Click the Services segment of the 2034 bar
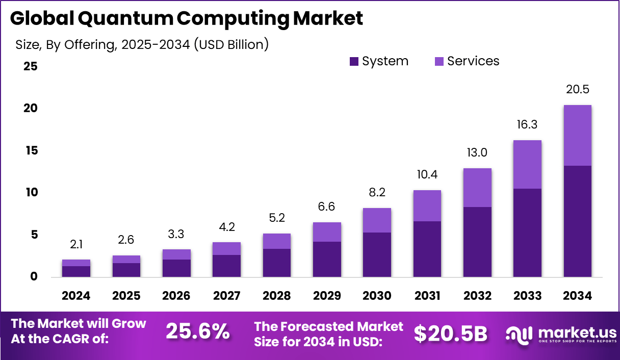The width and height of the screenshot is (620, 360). (577, 135)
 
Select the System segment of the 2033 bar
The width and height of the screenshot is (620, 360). (527, 233)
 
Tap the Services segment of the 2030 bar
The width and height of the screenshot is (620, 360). (377, 220)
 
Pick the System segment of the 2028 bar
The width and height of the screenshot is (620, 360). (277, 263)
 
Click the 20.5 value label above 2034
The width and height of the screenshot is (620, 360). (577, 89)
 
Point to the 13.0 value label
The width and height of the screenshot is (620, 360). (477, 152)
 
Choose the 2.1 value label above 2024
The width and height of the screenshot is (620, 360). (76, 244)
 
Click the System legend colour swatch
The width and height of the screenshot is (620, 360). (354, 62)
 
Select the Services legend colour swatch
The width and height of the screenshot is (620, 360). (440, 62)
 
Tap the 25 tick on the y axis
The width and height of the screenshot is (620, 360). (30, 66)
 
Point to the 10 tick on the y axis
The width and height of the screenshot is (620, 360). (30, 192)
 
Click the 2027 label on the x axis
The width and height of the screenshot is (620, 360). (226, 296)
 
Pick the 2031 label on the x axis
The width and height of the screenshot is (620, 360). (427, 296)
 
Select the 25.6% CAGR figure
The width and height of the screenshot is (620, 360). (198, 332)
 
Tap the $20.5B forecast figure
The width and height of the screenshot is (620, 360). (450, 333)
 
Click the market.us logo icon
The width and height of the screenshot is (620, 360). (519, 333)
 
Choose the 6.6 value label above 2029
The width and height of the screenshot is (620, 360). (327, 207)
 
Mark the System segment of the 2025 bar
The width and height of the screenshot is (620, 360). (126, 270)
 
